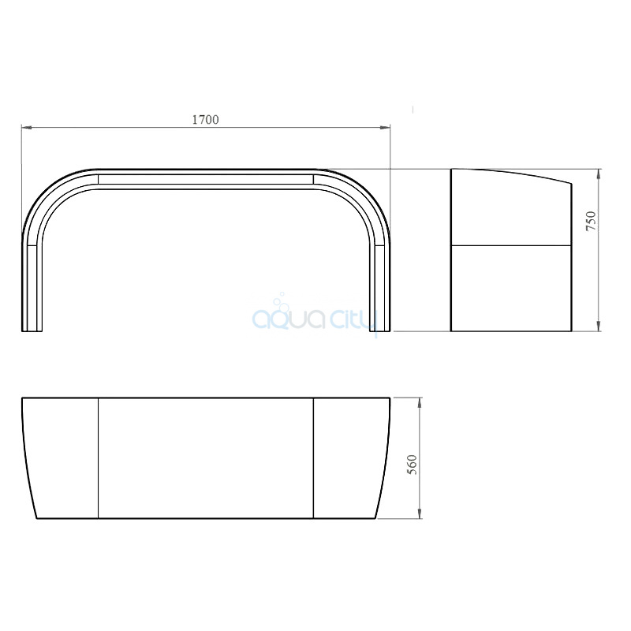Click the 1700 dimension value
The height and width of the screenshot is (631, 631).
tap(205, 120)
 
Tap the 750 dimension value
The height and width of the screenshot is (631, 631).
tap(591, 221)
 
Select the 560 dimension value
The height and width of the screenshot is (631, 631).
tap(413, 465)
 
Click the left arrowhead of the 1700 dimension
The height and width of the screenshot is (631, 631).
tap(27, 128)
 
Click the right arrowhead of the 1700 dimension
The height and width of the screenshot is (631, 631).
tap(385, 128)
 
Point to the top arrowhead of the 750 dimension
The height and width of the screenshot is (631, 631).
tap(599, 174)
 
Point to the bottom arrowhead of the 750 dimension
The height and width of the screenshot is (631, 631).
tap(599, 326)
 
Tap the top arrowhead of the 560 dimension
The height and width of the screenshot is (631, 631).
tap(420, 402)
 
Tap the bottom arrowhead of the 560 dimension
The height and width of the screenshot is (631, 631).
tap(420, 513)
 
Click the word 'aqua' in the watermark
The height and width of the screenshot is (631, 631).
tap(289, 319)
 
